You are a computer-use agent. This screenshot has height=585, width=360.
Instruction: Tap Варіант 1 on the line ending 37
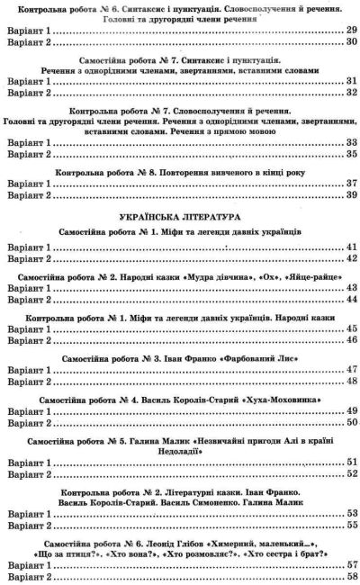28,182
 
